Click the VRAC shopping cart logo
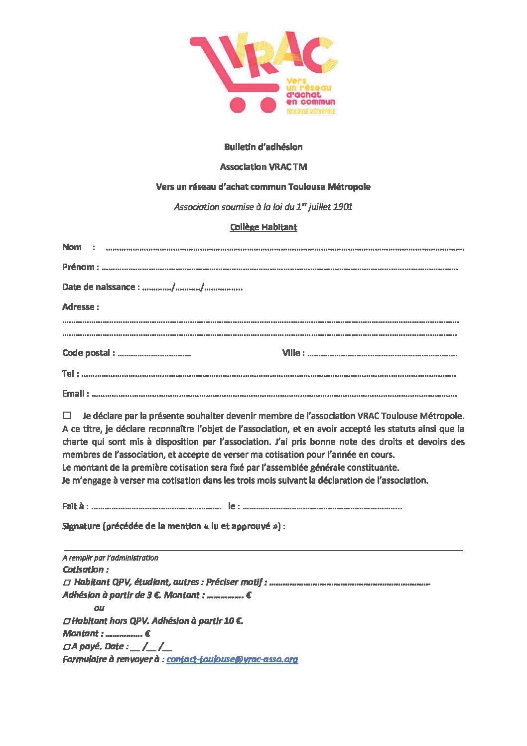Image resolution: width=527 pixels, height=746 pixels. click(263, 73)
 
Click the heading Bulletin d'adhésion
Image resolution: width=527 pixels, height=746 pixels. click(263, 147)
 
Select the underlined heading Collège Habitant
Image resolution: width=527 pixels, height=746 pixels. click(263, 227)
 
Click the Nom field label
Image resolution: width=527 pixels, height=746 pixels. click(72, 247)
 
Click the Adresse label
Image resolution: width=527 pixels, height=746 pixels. click(80, 307)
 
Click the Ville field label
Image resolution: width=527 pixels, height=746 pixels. click(291, 353)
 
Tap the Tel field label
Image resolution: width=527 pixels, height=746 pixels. click(68, 374)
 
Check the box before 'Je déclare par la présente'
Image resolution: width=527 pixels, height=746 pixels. click(67, 415)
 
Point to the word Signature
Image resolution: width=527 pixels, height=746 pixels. click(81, 526)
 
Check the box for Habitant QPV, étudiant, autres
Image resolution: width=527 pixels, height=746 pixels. click(67, 583)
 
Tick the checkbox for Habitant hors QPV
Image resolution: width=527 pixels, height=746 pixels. click(67, 621)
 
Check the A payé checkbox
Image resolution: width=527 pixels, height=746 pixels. click(67, 647)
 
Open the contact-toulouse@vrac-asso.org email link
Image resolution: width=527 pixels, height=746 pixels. click(232, 659)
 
